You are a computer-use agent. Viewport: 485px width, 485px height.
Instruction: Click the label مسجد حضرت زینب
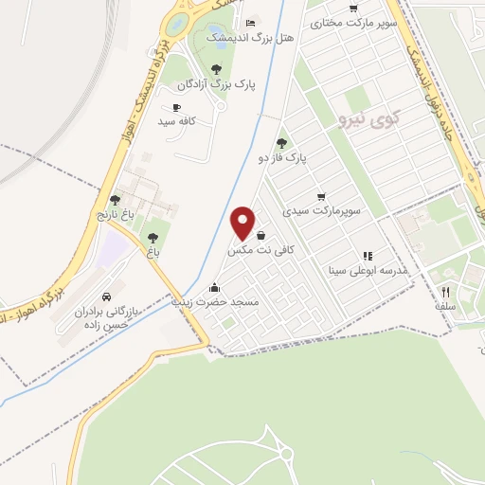click(x=216, y=302)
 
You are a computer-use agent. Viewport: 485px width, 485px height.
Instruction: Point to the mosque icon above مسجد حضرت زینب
click(x=216, y=287)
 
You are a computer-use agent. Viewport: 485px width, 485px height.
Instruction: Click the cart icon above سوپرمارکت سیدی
click(x=322, y=196)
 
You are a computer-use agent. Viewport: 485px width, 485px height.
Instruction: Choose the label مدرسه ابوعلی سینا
click(x=368, y=271)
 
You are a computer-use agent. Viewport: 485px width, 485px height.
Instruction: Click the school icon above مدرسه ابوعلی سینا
click(x=368, y=256)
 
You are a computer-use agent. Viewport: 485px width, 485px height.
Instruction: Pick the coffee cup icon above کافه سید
click(x=176, y=108)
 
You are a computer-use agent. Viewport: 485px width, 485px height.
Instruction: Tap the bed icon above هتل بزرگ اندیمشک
click(x=250, y=23)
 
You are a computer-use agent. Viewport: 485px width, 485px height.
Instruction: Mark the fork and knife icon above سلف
click(x=445, y=292)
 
